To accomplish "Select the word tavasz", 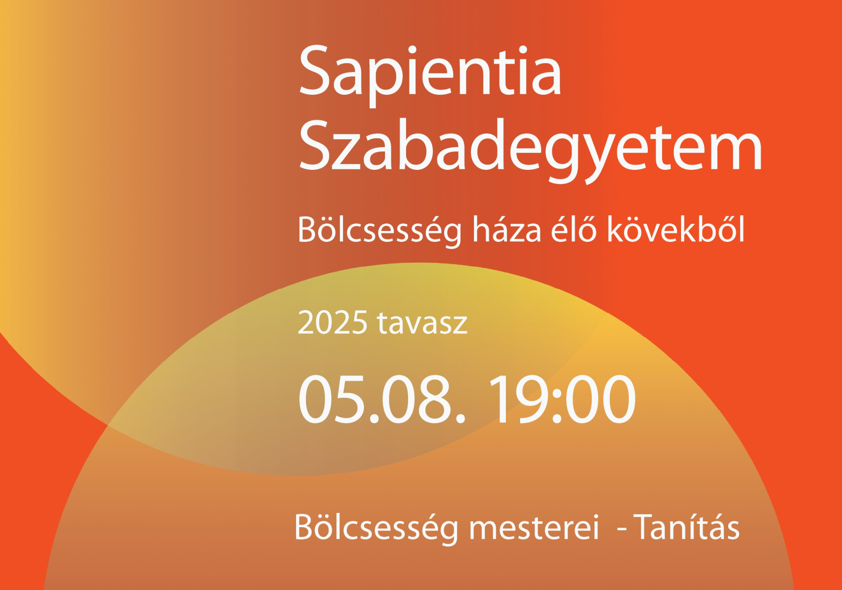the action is click(x=422, y=323).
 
